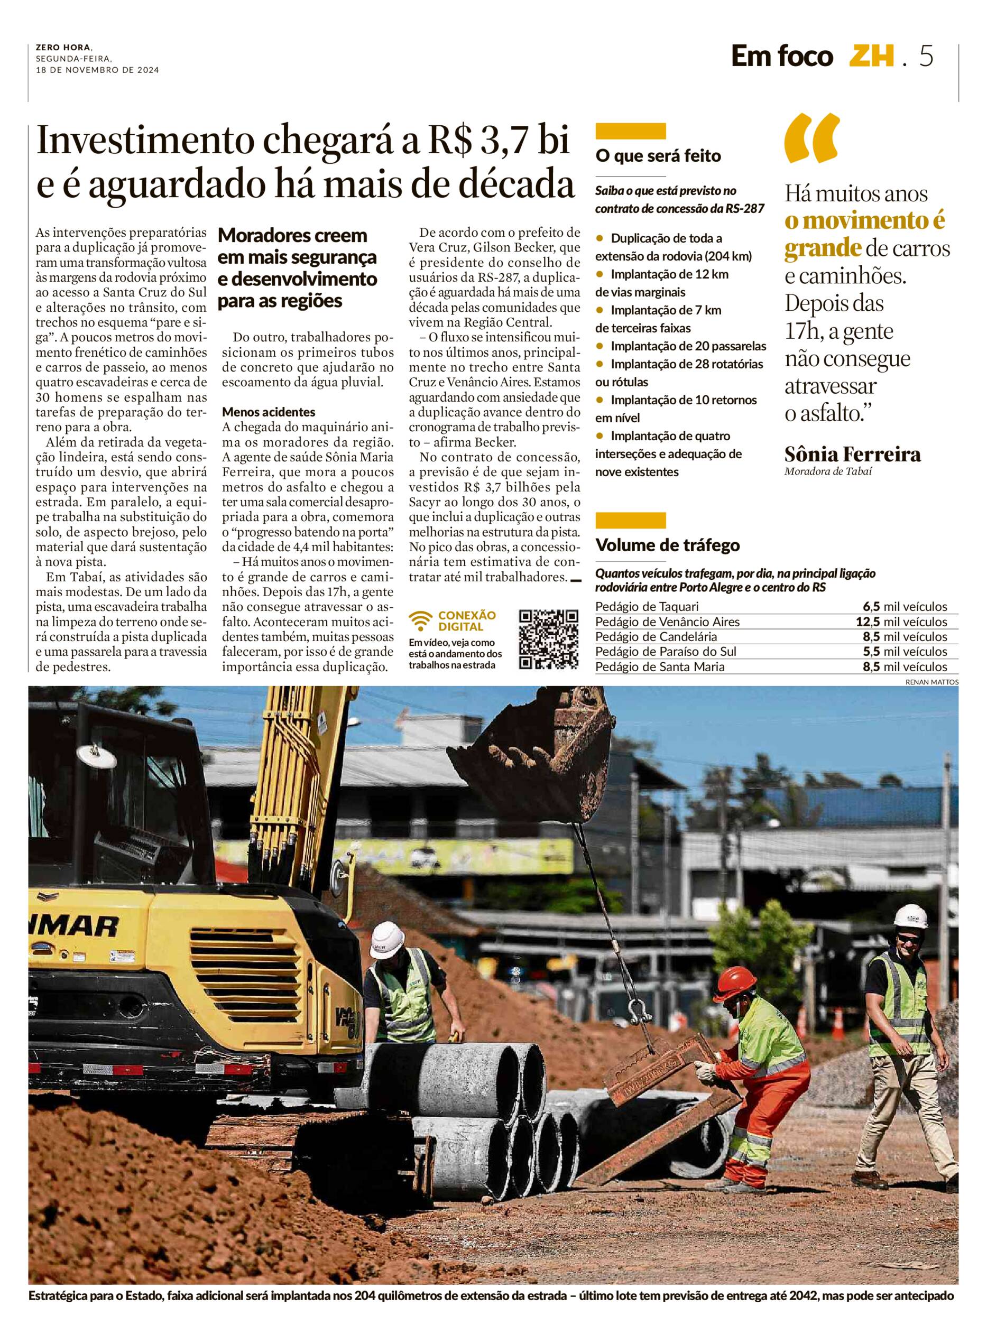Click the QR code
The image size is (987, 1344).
pyautogui.click(x=548, y=639)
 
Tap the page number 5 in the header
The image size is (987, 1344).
pyautogui.click(x=926, y=57)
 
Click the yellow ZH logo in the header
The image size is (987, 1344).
pyautogui.click(x=872, y=57)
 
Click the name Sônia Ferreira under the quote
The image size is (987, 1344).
pyautogui.click(x=852, y=455)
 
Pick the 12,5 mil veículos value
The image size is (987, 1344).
pyautogui.click(x=901, y=622)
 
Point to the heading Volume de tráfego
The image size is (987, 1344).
pyautogui.click(x=667, y=545)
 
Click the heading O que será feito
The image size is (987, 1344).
pyautogui.click(x=658, y=156)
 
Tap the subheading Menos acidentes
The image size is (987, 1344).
pyautogui.click(x=268, y=412)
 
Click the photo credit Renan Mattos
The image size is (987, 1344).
pyautogui.click(x=931, y=682)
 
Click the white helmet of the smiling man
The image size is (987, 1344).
pyautogui.click(x=910, y=915)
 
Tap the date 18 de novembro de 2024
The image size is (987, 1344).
pyautogui.click(x=97, y=70)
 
